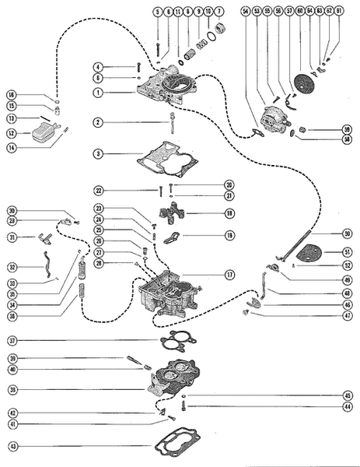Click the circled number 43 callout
pyautogui.click(x=13, y=447)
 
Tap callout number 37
pyautogui.click(x=13, y=340)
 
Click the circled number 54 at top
pyautogui.click(x=246, y=12)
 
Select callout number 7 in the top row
pyautogui.click(x=218, y=12)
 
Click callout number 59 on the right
pyautogui.click(x=346, y=128)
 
